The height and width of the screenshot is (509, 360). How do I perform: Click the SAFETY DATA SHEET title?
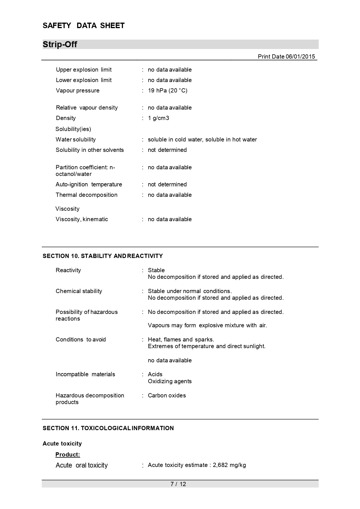point(84,26)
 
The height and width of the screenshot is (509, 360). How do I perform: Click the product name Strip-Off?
point(60,44)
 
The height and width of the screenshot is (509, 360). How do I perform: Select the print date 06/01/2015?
point(300,57)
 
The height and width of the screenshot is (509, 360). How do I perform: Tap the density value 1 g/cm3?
point(158,118)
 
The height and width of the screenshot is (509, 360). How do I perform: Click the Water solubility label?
point(76,139)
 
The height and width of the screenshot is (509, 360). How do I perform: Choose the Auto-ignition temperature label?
point(89,184)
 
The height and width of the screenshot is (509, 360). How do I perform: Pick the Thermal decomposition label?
point(86,195)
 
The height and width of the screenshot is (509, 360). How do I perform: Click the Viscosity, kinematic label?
point(82,219)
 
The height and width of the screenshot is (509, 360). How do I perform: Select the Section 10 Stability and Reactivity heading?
point(103,256)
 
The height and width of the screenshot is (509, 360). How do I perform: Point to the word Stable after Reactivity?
point(156,270)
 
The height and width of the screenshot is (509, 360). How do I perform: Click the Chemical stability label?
point(79,291)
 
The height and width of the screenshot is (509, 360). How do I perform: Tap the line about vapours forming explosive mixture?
point(207,325)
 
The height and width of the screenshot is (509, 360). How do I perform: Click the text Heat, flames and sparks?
point(181,339)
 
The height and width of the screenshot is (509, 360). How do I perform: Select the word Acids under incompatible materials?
point(155,374)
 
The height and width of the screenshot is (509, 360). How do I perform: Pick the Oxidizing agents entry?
point(170,381)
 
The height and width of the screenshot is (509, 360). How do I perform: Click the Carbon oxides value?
point(167,395)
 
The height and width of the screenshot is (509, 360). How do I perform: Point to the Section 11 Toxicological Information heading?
point(108,428)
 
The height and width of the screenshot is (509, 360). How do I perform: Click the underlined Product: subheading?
point(68,455)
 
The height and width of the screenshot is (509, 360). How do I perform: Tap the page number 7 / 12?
point(178,484)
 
